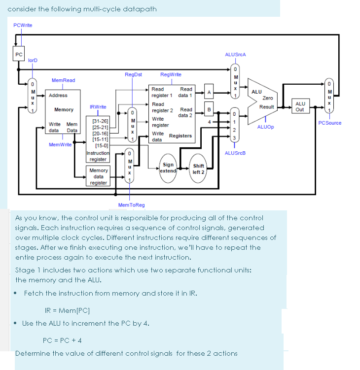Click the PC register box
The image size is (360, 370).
click(x=19, y=54)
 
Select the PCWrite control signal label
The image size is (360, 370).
click(x=23, y=25)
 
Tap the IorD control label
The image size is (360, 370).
click(x=33, y=60)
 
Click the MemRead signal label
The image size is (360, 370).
click(x=63, y=80)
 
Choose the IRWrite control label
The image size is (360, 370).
click(x=98, y=107)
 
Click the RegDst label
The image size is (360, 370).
click(x=133, y=74)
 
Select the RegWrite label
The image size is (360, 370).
click(x=171, y=74)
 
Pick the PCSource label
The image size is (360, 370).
click(x=330, y=123)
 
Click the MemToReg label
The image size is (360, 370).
click(x=131, y=205)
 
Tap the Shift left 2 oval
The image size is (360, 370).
click(x=199, y=169)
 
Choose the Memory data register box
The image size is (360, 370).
click(x=99, y=176)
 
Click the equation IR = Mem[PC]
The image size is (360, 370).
click(x=67, y=310)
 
